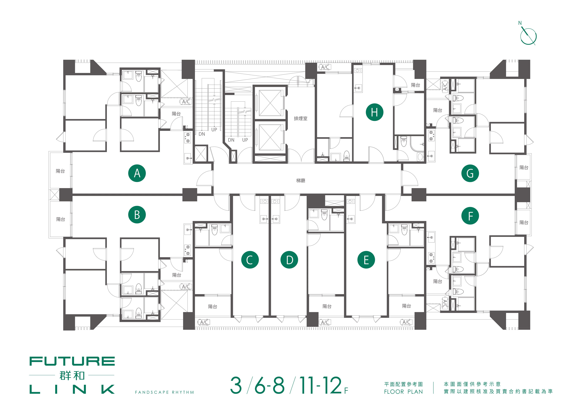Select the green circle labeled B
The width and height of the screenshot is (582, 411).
[x=137, y=215]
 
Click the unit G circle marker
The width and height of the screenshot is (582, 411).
[x=470, y=173]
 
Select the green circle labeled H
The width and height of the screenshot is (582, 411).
[x=374, y=112]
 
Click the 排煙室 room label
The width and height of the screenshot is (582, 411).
[x=301, y=118]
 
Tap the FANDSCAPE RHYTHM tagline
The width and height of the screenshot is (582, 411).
[x=164, y=392]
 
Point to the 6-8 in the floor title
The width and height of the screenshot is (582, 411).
[x=270, y=385]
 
